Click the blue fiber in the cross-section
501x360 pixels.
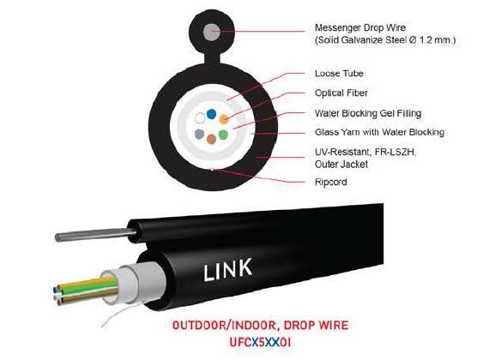point(211,114)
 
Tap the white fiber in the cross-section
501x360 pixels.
point(200,118)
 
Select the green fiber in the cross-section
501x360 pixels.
point(223,135)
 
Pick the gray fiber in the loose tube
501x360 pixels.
point(199,134)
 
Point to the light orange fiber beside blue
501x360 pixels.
point(224,119)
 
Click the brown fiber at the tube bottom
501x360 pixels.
point(211,139)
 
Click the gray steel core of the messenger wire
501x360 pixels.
point(212,32)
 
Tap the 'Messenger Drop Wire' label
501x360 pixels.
point(360,27)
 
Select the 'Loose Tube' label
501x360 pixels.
point(339,74)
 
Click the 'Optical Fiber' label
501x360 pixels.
point(341,93)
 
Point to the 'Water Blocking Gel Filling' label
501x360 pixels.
point(368,113)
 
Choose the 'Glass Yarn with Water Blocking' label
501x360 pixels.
point(379,132)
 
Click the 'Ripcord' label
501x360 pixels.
point(330,183)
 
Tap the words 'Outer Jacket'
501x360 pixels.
point(341,165)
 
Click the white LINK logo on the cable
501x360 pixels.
point(228,270)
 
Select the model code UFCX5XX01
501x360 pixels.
point(260,343)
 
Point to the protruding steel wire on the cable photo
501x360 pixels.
point(95,235)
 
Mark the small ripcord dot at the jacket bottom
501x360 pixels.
point(213,170)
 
